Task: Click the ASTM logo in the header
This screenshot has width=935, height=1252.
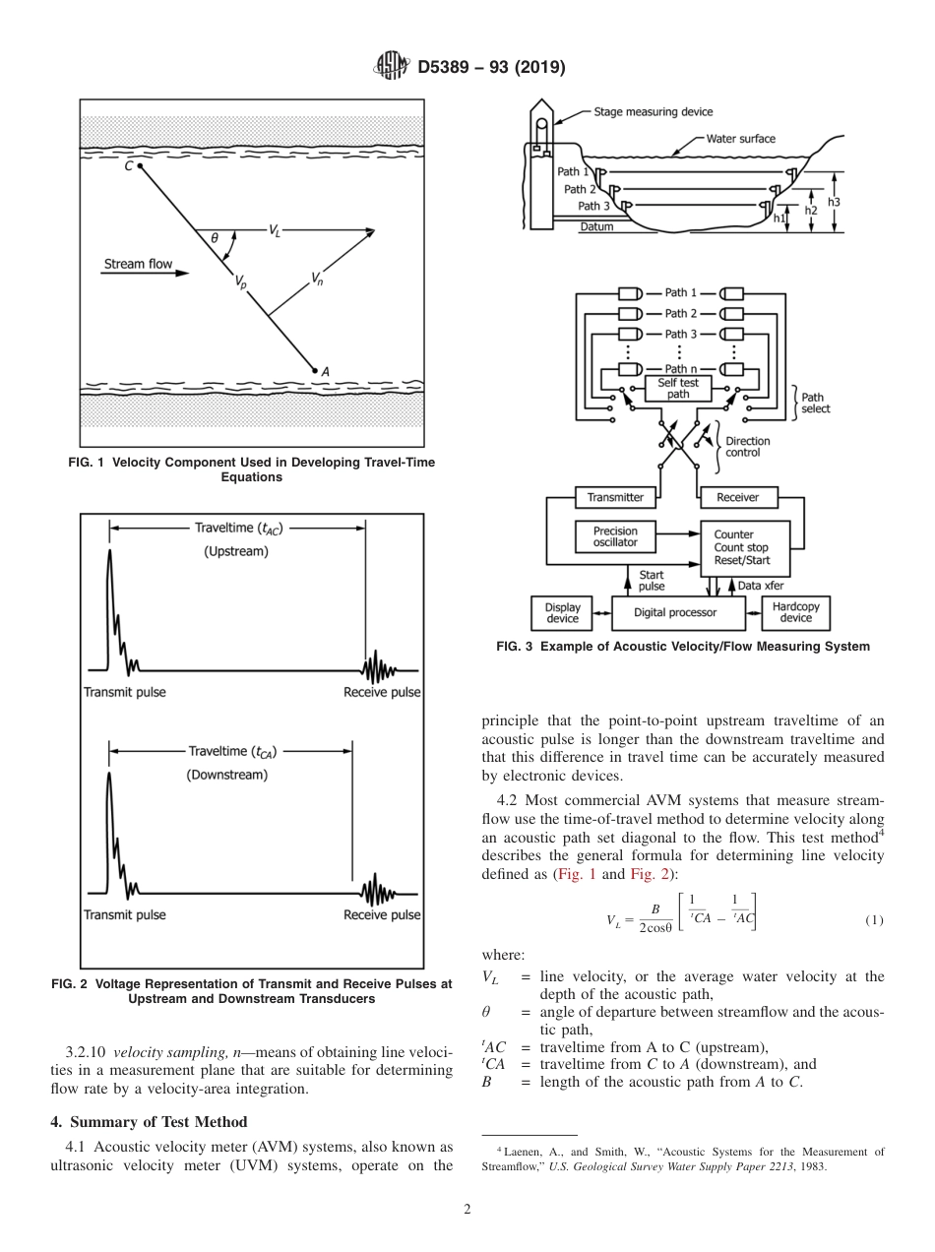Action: tap(393, 68)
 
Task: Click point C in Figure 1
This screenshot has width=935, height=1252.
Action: tap(141, 167)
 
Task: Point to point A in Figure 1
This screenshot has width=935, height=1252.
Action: tap(314, 370)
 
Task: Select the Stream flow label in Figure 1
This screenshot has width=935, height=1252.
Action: tap(138, 264)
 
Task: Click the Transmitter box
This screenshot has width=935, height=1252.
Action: tap(615, 497)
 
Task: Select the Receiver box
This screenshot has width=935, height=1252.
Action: tap(737, 497)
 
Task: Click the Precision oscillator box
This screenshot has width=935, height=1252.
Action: tap(615, 536)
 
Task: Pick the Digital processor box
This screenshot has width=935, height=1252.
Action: tap(675, 612)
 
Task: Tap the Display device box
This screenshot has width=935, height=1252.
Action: tap(563, 612)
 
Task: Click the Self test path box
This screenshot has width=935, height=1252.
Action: tap(678, 388)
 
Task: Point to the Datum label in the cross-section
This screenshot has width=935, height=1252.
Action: tap(596, 227)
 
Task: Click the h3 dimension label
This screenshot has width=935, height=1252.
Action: tap(834, 201)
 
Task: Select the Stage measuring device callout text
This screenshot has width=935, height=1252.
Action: tap(654, 112)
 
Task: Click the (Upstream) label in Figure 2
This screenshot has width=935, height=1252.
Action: tap(236, 552)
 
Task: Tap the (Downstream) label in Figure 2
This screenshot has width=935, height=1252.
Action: tap(227, 775)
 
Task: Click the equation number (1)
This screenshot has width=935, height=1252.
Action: tap(874, 920)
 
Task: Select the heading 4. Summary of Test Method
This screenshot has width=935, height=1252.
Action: tap(150, 1122)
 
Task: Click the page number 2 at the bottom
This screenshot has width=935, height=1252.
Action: tap(467, 1209)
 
